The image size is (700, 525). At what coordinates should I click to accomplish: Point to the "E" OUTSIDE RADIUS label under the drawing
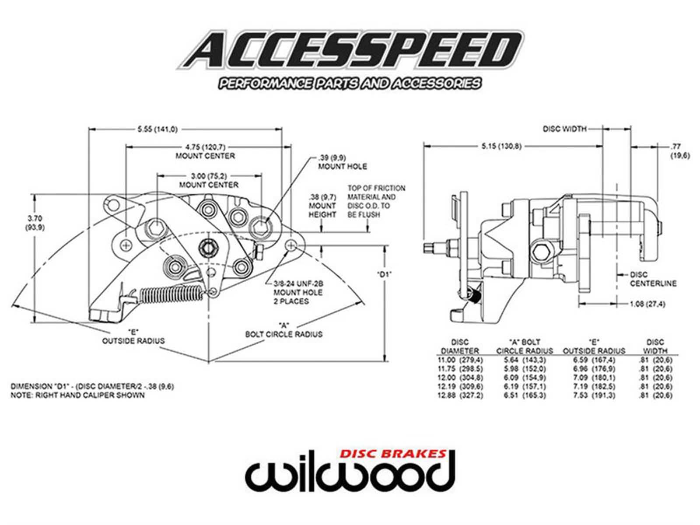pos(133,336)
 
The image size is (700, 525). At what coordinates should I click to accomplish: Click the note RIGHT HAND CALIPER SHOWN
pos(77,395)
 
